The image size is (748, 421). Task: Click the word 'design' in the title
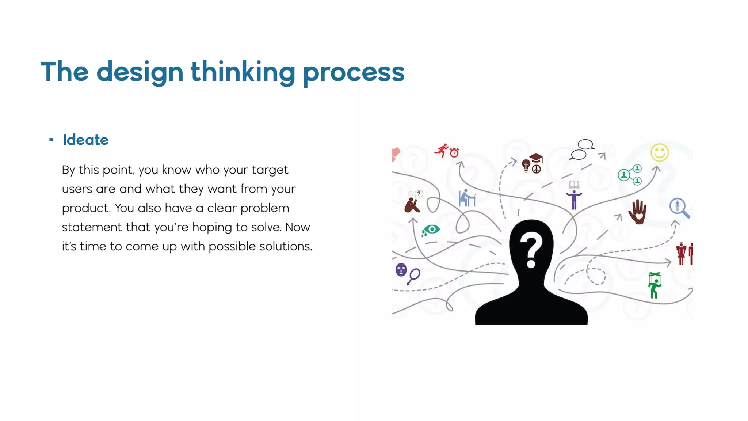[140, 72]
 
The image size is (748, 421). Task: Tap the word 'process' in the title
[354, 72]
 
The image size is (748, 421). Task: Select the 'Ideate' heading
[86, 140]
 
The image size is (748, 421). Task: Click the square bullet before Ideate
[51, 140]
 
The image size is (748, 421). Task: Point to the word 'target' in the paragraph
[270, 170]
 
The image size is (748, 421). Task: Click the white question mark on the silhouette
[531, 250]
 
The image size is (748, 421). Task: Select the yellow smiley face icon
[659, 152]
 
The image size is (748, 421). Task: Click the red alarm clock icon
[454, 152]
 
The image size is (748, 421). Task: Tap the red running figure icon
[442, 150]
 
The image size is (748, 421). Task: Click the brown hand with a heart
[638, 212]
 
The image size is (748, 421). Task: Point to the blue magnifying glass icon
[679, 208]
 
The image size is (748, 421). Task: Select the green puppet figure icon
[654, 285]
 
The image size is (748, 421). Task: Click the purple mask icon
[401, 270]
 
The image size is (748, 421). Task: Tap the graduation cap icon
[536, 158]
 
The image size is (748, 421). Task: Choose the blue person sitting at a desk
[467, 198]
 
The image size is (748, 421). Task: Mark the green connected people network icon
[631, 175]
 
